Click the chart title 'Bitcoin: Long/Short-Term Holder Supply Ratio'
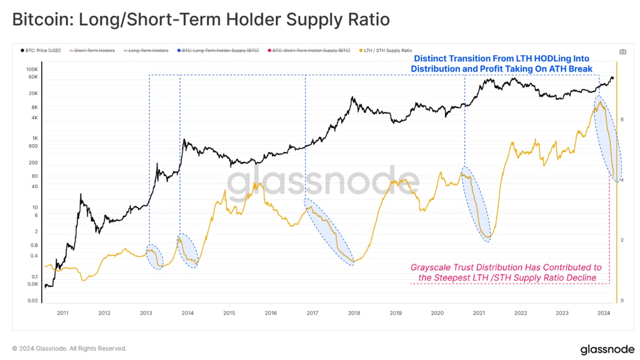[201, 20]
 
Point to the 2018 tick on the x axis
[354, 313]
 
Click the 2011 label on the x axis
[63, 313]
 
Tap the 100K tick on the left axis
[33, 70]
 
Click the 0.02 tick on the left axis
[33, 300]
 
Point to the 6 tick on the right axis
[623, 119]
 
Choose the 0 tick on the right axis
[623, 300]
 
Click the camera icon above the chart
[623, 52]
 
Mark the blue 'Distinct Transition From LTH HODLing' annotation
[502, 63]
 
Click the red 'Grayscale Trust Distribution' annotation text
[507, 273]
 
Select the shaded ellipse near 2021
[477, 203]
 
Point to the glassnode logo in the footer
[603, 349]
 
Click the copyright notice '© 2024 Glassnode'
[69, 349]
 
